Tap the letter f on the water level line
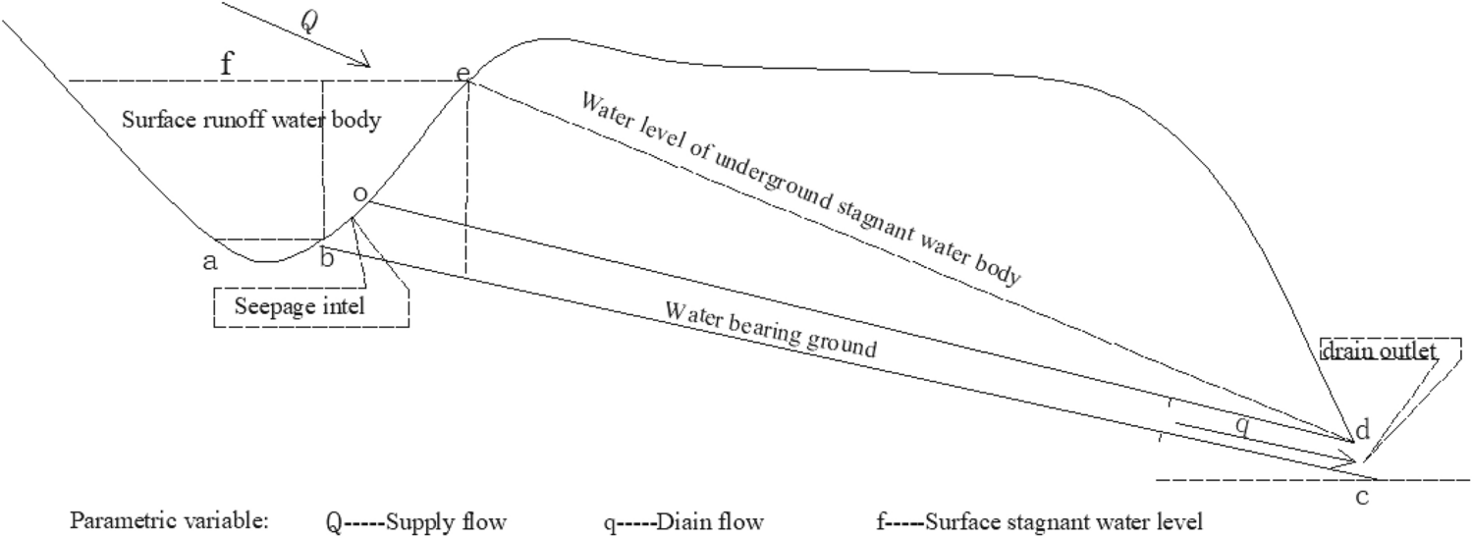click(x=228, y=66)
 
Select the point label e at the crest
click(x=463, y=75)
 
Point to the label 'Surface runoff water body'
click(x=250, y=121)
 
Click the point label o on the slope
click(x=359, y=195)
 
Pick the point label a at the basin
click(x=208, y=261)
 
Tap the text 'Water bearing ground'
click(x=770, y=331)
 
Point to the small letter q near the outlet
click(x=1242, y=423)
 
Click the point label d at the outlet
click(x=1361, y=429)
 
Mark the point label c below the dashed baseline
click(x=1362, y=498)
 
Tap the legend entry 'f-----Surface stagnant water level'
click(x=1038, y=521)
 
